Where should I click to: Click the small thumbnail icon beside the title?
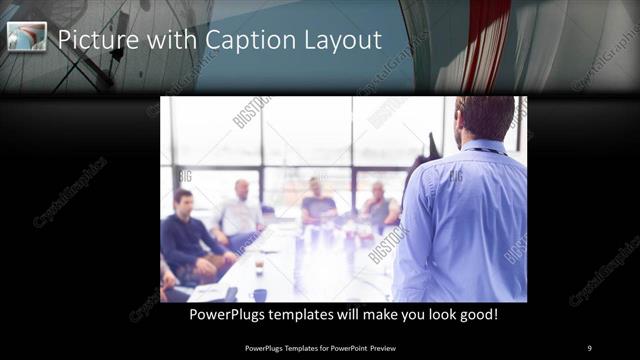click(x=27, y=37)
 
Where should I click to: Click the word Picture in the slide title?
click(x=97, y=40)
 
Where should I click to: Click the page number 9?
click(x=589, y=347)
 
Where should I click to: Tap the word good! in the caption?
click(x=475, y=314)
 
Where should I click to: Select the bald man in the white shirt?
click(x=240, y=212)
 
